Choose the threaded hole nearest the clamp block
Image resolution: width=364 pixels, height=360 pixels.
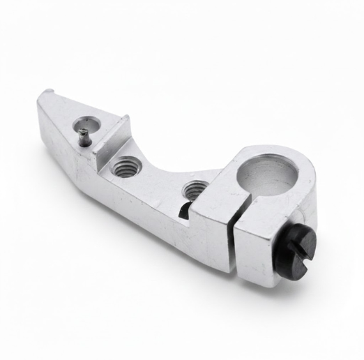click(195, 188)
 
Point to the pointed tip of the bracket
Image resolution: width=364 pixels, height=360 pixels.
click(42, 97)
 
